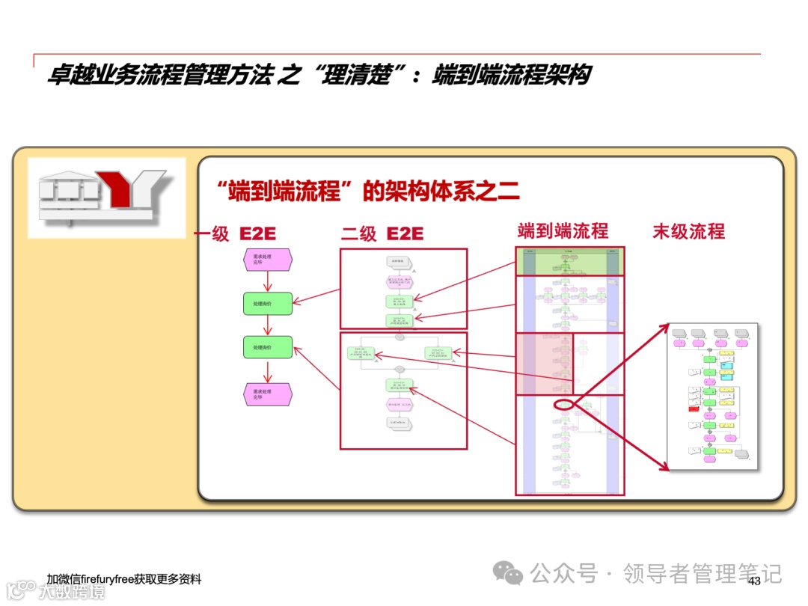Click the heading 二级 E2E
click(382, 234)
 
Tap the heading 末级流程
click(688, 231)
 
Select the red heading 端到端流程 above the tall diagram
click(563, 230)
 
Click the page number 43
click(754, 581)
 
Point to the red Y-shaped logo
click(120, 189)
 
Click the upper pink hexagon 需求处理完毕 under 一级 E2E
click(267, 260)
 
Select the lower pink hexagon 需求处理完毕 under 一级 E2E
click(267, 394)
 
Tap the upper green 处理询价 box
click(267, 303)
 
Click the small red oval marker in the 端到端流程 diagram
click(563, 405)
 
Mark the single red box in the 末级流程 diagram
click(694, 408)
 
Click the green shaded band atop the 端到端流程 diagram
click(569, 261)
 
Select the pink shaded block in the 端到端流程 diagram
click(544, 363)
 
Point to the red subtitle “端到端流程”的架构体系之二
click(366, 192)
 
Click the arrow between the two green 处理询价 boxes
click(267, 325)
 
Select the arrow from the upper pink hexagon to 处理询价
click(267, 281)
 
